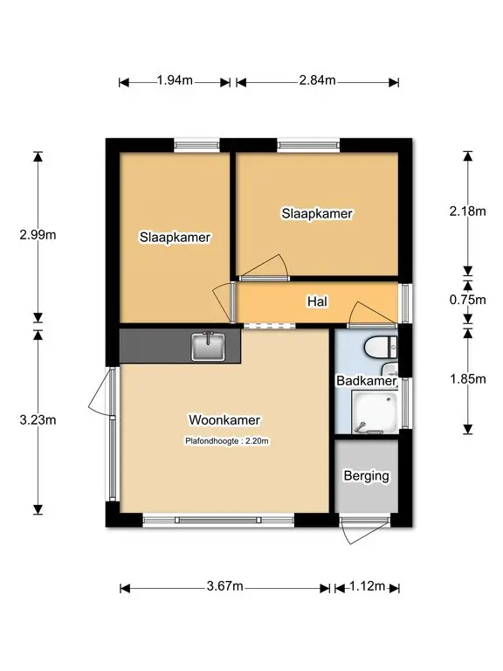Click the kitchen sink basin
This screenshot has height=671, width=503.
tap(208, 346)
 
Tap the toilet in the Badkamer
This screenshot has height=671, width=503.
tap(381, 346)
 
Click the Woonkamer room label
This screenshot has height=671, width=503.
tap(224, 419)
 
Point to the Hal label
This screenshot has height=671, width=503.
tap(317, 301)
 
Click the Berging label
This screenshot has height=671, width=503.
tap(367, 476)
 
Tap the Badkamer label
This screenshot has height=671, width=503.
tap(367, 380)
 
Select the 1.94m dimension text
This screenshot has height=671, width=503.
tap(175, 80)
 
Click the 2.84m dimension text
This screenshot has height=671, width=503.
tap(317, 80)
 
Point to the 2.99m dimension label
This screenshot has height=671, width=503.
tap(38, 234)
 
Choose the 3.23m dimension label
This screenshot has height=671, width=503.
tap(38, 419)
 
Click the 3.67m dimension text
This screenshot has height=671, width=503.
tap(225, 586)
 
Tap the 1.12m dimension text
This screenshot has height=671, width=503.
tap(368, 586)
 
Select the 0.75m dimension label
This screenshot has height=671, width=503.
tap(467, 300)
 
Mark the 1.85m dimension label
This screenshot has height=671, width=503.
tap(467, 378)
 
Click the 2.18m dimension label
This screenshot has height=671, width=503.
tap(467, 211)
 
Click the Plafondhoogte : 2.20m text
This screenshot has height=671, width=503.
tap(227, 440)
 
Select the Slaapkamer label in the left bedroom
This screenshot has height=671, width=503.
tap(175, 237)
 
